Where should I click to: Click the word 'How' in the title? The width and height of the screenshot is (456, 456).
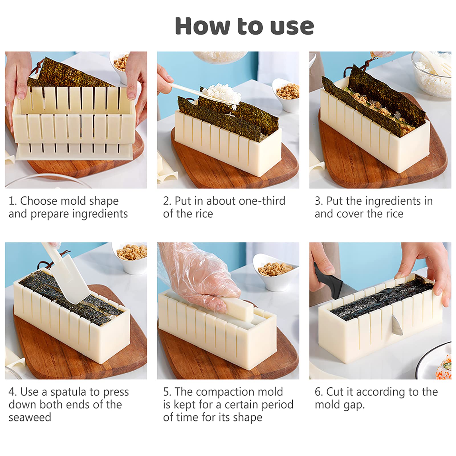[202, 26]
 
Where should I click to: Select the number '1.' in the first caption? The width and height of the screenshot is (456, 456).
[13, 201]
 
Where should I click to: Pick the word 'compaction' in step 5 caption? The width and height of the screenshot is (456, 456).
[225, 392]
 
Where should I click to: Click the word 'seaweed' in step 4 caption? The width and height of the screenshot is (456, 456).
[30, 418]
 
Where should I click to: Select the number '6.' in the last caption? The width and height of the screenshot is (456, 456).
[319, 392]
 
